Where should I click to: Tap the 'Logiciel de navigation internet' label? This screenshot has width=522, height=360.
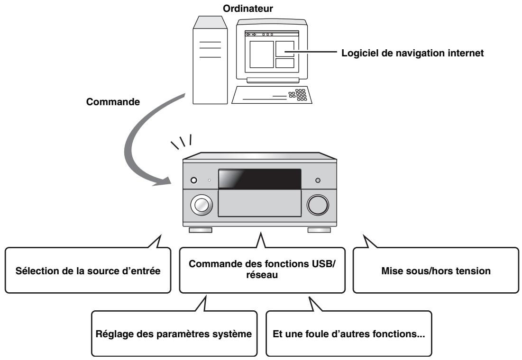[x=412, y=54]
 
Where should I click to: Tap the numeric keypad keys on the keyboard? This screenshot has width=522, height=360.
[x=300, y=93]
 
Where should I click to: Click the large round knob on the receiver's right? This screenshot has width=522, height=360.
[x=318, y=204]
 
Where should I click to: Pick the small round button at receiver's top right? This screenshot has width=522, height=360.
[x=317, y=180]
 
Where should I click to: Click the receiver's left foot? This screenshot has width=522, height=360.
[x=200, y=231]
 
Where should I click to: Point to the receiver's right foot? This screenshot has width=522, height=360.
[x=319, y=231]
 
